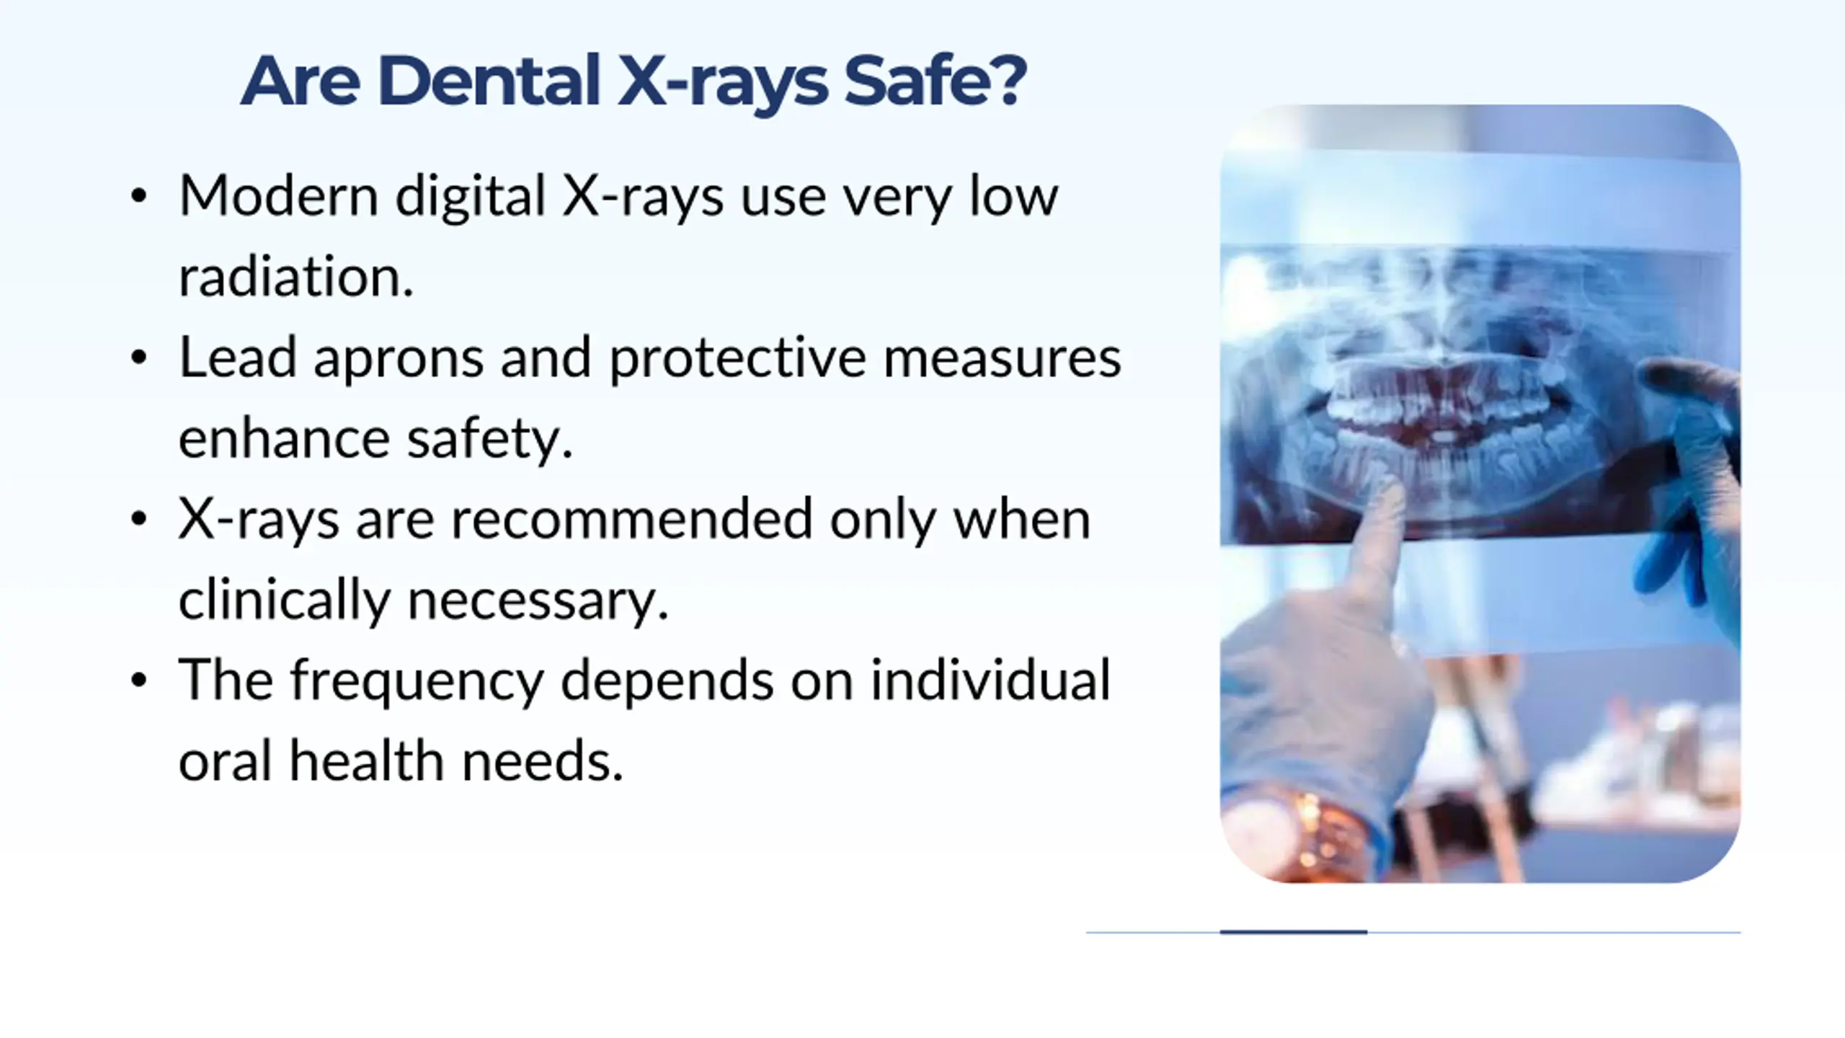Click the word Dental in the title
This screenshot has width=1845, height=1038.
click(x=489, y=81)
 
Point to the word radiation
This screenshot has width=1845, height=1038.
click(x=296, y=277)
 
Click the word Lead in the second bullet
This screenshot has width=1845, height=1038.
click(x=238, y=358)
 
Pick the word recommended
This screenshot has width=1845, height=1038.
click(x=632, y=519)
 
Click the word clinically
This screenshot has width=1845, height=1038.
click(x=284, y=600)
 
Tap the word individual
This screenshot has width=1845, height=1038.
click(x=990, y=680)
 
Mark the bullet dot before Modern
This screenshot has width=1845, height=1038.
click(x=139, y=196)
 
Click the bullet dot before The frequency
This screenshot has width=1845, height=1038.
click(x=139, y=680)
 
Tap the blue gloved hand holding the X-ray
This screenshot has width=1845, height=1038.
click(x=1690, y=490)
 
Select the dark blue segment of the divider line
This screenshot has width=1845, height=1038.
click(x=1293, y=932)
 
